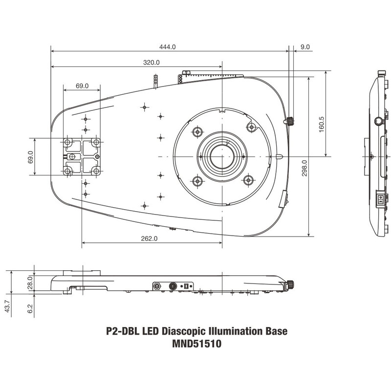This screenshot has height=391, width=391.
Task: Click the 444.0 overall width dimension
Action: pos(167,47)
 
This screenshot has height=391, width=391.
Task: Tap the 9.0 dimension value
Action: pos(305,47)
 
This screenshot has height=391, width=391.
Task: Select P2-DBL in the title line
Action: pos(122,331)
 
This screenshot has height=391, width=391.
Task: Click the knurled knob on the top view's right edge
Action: pos(289,121)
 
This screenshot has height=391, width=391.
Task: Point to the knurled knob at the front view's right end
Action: pos(290,283)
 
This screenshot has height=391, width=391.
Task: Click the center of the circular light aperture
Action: pos(222,156)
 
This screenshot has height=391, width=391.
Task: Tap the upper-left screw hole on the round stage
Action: pos(198,131)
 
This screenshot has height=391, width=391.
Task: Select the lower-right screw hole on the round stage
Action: pos(248,181)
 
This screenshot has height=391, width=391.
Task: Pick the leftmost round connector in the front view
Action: pos(158,286)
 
